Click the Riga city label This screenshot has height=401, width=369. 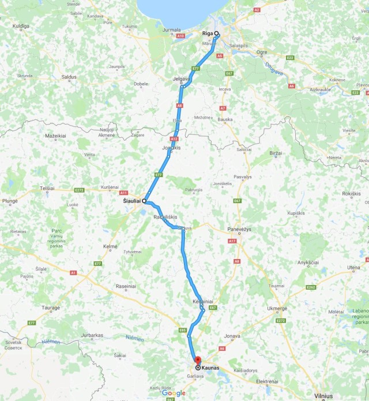[x=208, y=33]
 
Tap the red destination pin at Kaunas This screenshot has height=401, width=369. [x=197, y=361]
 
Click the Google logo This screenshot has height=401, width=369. [x=174, y=393]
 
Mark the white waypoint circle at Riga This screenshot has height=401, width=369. [x=217, y=33]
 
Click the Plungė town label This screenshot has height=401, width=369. [x=10, y=201]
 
